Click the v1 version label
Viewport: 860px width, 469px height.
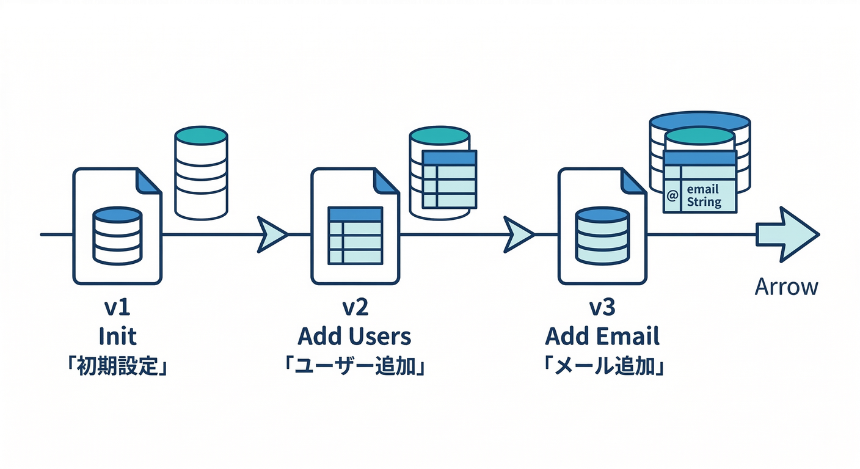tap(117, 308)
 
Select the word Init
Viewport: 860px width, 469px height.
tap(117, 336)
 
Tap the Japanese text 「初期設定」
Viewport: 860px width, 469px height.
tap(117, 368)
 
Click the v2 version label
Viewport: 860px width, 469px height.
tap(355, 308)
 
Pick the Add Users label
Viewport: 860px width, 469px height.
tap(354, 336)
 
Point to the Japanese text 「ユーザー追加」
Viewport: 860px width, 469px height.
tap(354, 368)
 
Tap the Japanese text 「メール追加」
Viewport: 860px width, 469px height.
tap(602, 368)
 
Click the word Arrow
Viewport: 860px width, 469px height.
tap(786, 286)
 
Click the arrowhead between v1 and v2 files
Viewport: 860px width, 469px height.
tap(271, 234)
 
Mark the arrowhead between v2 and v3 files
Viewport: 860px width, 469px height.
tap(519, 234)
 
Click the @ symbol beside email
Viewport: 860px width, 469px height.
tap(672, 195)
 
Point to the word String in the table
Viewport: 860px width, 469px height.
tap(704, 202)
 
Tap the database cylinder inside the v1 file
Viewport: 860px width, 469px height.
tap(117, 235)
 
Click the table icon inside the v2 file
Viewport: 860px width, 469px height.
tap(355, 236)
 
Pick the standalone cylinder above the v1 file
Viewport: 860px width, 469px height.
tap(201, 172)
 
